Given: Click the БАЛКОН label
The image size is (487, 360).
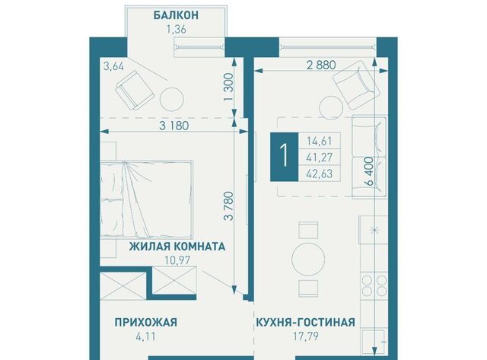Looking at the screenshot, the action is [x=176, y=15].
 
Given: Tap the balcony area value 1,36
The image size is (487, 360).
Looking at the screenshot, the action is [x=176, y=30].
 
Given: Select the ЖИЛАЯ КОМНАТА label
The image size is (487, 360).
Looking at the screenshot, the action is [x=177, y=247].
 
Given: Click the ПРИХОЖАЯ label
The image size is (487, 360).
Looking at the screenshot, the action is [x=146, y=322].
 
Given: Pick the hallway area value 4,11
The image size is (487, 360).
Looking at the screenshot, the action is [x=146, y=336].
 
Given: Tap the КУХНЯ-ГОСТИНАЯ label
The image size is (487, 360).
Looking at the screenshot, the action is [x=306, y=322].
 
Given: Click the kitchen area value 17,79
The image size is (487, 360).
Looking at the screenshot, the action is [x=307, y=336].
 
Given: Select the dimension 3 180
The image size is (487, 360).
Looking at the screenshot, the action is [x=174, y=126].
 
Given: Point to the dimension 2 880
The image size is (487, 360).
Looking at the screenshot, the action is [x=321, y=65].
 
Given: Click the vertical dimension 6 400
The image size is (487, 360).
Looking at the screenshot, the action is [x=369, y=171].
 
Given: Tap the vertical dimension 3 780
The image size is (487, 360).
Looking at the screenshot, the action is [x=229, y=206].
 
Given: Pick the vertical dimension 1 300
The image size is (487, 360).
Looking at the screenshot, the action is [x=228, y=87].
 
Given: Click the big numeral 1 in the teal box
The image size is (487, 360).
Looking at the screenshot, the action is [x=284, y=157].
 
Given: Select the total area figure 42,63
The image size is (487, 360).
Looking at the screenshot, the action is [x=320, y=174].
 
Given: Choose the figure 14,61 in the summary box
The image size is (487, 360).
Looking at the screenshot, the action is [x=320, y=141].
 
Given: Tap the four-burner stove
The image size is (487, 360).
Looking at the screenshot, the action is [x=374, y=286].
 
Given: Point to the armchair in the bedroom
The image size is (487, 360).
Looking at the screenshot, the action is [x=135, y=90].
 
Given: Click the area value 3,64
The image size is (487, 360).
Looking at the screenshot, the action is [x=113, y=67].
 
